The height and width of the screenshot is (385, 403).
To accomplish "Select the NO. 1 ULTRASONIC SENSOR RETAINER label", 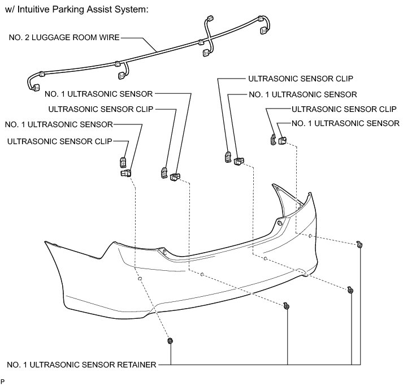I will coord(81,365).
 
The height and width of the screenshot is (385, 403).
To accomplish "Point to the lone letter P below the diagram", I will coord(3,382).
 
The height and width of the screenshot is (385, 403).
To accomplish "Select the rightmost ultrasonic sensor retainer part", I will coord(359,244).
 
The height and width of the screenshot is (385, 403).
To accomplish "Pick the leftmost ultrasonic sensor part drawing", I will coord(125,171).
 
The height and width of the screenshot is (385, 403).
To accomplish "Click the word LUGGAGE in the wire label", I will coord(63,38).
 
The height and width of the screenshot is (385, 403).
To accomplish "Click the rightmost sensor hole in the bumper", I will coord(310,235).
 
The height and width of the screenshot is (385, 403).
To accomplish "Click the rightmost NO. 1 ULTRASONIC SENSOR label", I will coord(345,123).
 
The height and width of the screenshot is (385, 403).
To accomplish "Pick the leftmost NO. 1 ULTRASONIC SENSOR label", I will coord(59,124).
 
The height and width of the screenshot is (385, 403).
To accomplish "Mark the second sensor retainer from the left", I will coord(287,306).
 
